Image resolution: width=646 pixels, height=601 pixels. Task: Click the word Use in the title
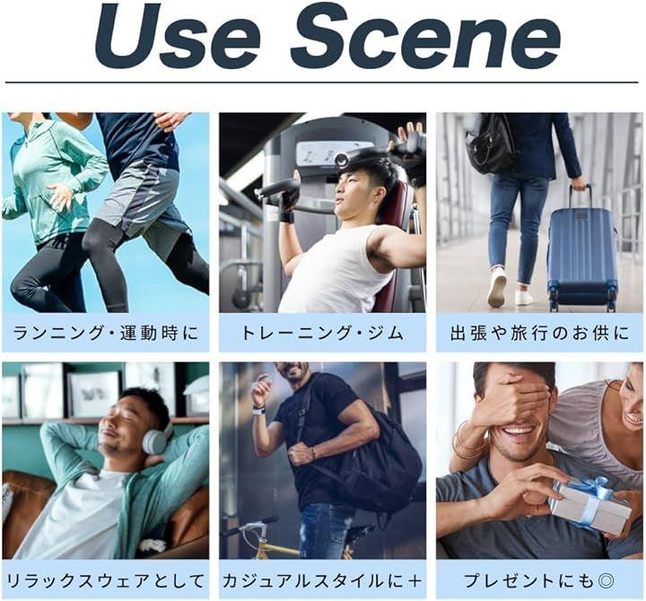pyautogui.click(x=177, y=36)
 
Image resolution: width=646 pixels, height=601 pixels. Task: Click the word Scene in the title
pyautogui.click(x=425, y=36)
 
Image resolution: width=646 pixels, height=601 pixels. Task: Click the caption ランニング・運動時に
pyautogui.click(x=106, y=333)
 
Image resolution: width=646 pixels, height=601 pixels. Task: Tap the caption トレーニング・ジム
pyautogui.click(x=322, y=333)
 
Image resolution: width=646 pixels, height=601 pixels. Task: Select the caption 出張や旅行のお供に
pyautogui.click(x=540, y=333)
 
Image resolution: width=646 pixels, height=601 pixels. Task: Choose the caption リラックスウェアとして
pyautogui.click(x=106, y=580)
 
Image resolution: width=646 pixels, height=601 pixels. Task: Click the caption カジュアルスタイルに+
pyautogui.click(x=322, y=580)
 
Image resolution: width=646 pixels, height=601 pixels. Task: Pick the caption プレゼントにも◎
pyautogui.click(x=540, y=580)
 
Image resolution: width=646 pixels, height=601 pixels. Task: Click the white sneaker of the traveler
pyautogui.click(x=496, y=287)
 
